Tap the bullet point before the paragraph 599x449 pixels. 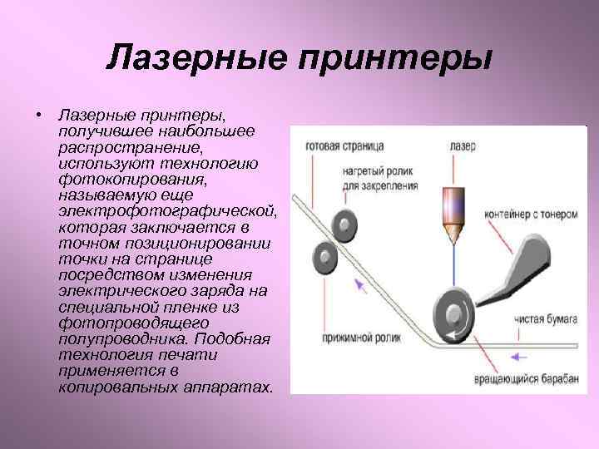[x=39, y=111]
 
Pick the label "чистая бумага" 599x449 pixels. [x=544, y=316]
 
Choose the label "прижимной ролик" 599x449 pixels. [x=344, y=339]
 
